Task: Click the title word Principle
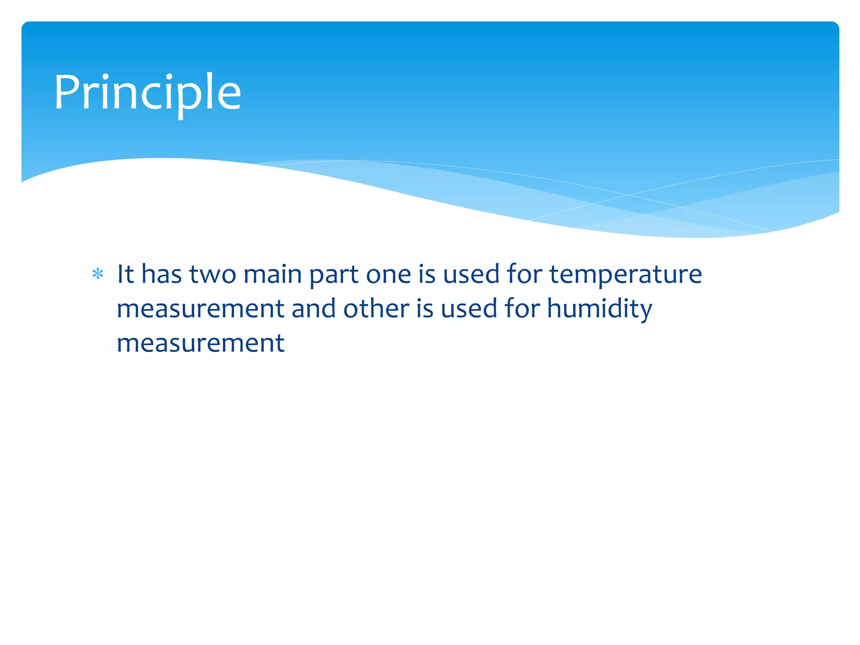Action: point(147,93)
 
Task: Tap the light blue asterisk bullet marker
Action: point(98,274)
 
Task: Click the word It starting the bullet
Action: point(125,274)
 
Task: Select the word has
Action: point(162,274)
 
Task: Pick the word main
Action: point(273,274)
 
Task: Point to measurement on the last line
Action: point(200,343)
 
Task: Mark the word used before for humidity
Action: point(469,309)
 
